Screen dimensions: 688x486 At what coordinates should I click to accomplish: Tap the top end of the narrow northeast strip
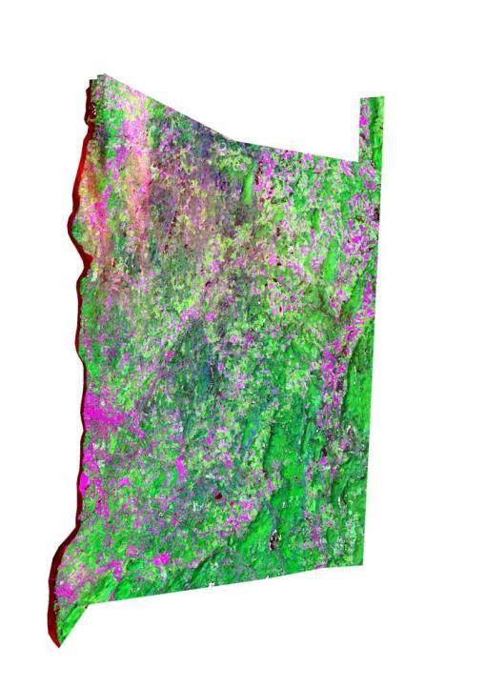(x=371, y=99)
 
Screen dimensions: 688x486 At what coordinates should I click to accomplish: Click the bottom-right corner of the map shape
(x=363, y=564)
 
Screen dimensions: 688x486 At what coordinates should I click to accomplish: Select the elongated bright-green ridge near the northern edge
(x=253, y=181)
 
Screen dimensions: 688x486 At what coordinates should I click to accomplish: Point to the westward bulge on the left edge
(x=71, y=229)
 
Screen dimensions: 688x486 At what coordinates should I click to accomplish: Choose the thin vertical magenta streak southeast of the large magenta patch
(x=181, y=467)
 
